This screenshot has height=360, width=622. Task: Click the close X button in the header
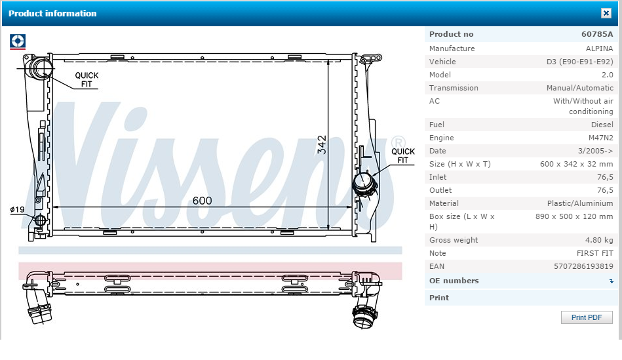pyautogui.click(x=606, y=13)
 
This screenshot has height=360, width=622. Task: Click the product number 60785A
pyautogui.click(x=597, y=34)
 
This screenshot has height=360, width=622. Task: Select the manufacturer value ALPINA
pyautogui.click(x=600, y=49)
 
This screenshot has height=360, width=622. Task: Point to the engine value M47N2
pyautogui.click(x=600, y=138)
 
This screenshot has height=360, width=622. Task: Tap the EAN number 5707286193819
pyautogui.click(x=583, y=266)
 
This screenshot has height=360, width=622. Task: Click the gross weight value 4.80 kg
pyautogui.click(x=599, y=240)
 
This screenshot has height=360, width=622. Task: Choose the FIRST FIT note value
pyautogui.click(x=594, y=253)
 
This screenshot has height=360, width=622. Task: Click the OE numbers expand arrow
pyautogui.click(x=612, y=281)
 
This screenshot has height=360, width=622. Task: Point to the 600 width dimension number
pyautogui.click(x=203, y=201)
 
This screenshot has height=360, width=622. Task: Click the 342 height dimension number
pyautogui.click(x=322, y=145)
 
